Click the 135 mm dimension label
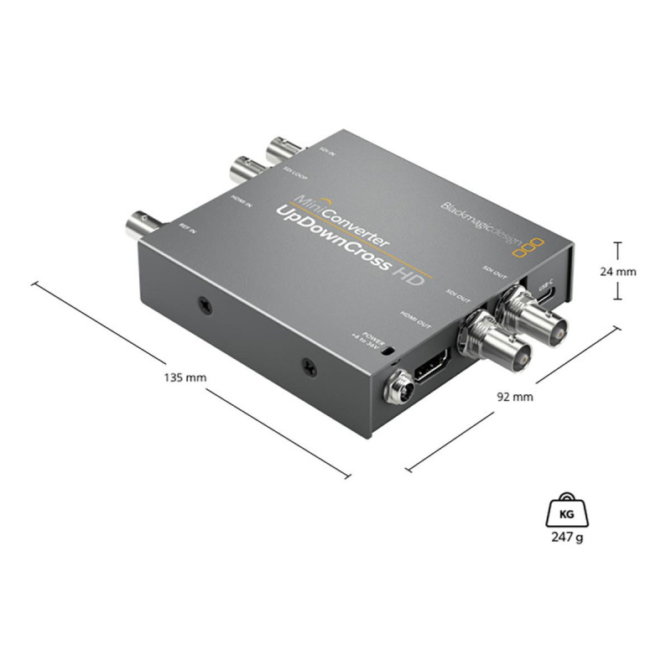pyautogui.click(x=186, y=377)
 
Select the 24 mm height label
pyautogui.click(x=620, y=271)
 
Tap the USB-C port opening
pyautogui.click(x=547, y=298)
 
